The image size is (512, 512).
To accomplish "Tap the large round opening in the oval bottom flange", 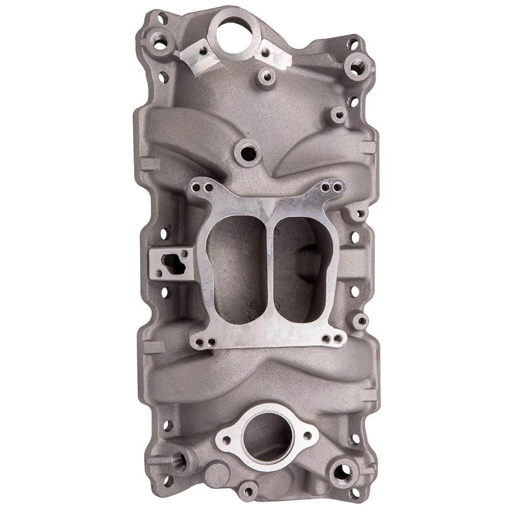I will tap(266, 436).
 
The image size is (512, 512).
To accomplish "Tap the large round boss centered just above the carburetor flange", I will tap(248, 153).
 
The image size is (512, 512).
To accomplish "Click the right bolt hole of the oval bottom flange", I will tap(308, 436).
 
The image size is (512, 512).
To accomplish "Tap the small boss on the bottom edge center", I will tap(248, 491).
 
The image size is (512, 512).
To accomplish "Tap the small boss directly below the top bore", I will tap(266, 77).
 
